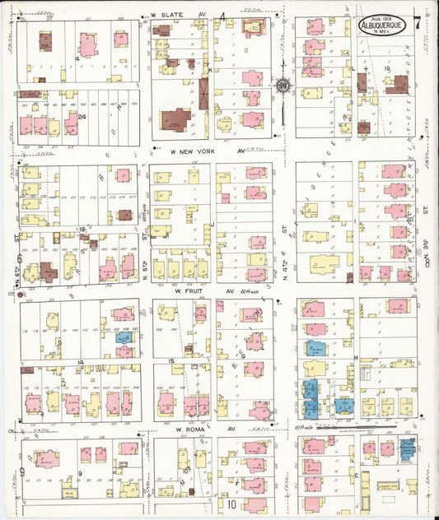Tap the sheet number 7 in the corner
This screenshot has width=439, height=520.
pyautogui.click(x=418, y=22)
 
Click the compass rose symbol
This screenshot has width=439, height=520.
pyautogui.click(x=282, y=85)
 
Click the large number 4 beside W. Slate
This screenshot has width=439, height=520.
pyautogui.click(x=223, y=17)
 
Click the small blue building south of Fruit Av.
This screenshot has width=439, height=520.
pyautogui.click(x=124, y=337)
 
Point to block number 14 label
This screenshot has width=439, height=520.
pyautogui.click(x=82, y=362)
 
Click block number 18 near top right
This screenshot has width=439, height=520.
pyautogui.click(x=385, y=69)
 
